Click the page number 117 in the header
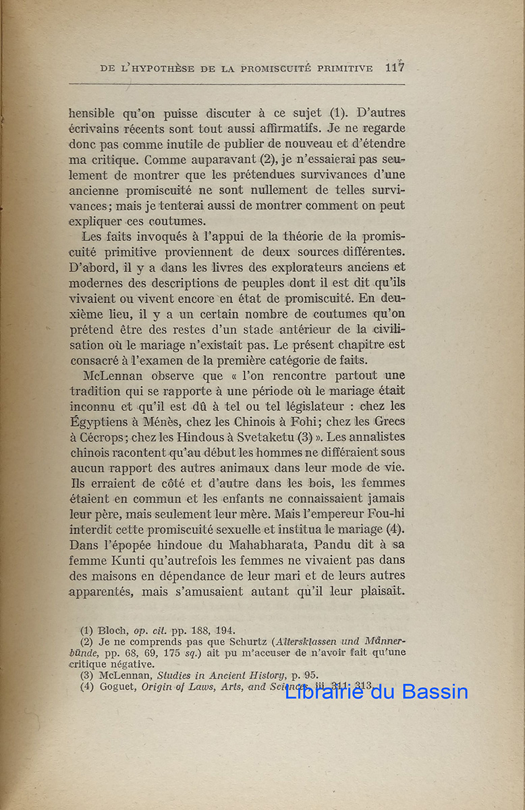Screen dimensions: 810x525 395,67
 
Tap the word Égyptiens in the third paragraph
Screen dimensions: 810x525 101,421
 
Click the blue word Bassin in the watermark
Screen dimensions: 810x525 435,691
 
